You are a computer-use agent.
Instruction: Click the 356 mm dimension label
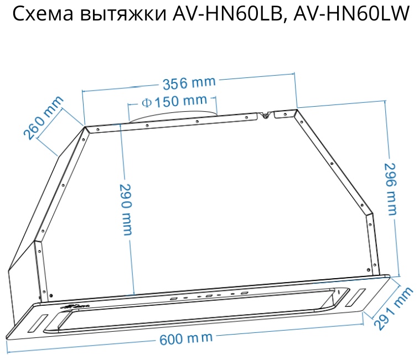[x=188, y=84]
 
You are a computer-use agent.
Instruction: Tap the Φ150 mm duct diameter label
[x=174, y=102]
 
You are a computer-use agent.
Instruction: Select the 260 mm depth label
[x=43, y=118]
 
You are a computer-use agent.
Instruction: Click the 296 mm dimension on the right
[x=391, y=189]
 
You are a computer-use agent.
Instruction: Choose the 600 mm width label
[x=186, y=338]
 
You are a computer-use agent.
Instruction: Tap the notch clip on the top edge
[x=266, y=115]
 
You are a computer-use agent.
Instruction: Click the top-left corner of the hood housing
[x=85, y=128]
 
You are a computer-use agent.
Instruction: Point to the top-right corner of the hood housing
[x=296, y=110]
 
